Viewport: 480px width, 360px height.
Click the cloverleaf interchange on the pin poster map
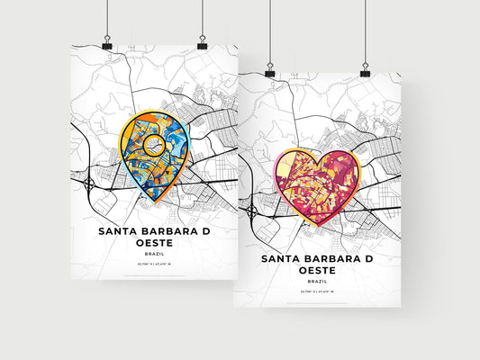[90, 185]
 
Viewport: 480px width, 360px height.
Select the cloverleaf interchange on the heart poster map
[252, 211]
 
